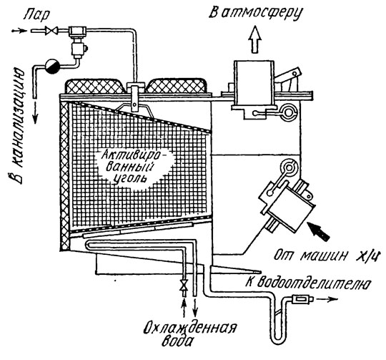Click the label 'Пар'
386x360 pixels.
(36, 15)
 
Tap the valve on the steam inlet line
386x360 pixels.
(51, 31)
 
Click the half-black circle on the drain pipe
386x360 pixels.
(52, 66)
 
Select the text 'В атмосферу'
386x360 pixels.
(255, 13)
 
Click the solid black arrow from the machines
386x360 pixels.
(319, 230)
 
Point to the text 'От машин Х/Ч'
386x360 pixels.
(327, 256)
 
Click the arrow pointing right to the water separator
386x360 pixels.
(327, 299)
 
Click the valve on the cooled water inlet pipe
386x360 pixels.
(184, 285)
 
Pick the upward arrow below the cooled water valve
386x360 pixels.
(183, 307)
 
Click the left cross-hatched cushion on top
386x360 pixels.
(95, 86)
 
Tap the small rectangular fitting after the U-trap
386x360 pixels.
(302, 299)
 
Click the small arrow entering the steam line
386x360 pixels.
(20, 31)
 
